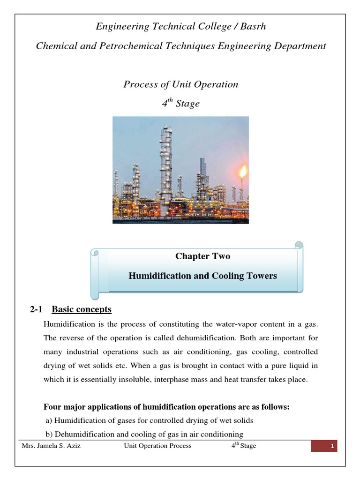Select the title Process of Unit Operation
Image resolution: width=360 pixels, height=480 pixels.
(x=180, y=84)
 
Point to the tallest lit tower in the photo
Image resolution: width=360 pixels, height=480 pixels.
(x=166, y=159)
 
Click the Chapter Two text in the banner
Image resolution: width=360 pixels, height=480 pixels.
(x=202, y=256)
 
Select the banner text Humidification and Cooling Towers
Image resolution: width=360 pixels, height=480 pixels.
(x=202, y=276)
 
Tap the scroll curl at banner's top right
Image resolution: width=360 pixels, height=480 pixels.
(x=299, y=247)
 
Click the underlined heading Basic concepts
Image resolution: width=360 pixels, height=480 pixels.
(x=82, y=309)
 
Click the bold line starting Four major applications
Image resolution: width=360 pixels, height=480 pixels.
(x=166, y=407)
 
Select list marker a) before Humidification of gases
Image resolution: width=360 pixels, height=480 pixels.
(x=48, y=420)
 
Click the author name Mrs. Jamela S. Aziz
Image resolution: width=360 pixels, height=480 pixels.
(x=51, y=446)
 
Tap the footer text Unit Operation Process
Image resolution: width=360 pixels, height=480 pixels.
(x=157, y=446)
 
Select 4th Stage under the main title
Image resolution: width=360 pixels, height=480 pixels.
(x=180, y=104)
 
